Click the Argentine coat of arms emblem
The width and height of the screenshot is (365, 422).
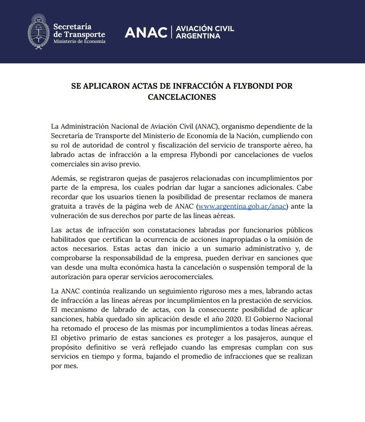(38, 32)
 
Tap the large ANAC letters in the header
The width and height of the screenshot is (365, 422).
(146, 32)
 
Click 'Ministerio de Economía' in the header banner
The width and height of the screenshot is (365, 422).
(79, 42)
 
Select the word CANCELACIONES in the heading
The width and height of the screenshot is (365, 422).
(182, 97)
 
